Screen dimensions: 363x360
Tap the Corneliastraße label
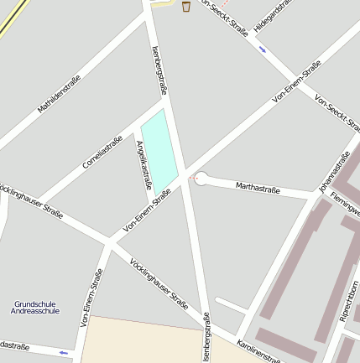tap(102, 152)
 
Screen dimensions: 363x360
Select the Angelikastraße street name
tap(143, 164)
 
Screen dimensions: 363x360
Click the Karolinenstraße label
tap(258, 352)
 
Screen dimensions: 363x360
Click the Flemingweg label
tap(346, 205)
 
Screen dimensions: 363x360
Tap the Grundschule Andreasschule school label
tap(37, 307)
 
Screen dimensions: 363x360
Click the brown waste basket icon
tap(185, 7)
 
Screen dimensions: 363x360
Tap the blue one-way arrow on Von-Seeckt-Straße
tap(263, 49)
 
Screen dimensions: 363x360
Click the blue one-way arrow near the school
tap(64, 353)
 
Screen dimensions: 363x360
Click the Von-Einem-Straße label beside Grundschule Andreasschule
tap(91, 298)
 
